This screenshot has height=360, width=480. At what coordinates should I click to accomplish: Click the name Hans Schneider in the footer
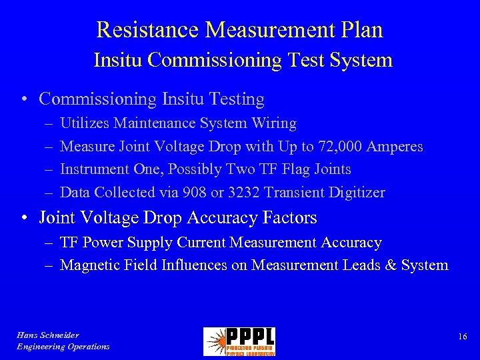[x=48, y=335]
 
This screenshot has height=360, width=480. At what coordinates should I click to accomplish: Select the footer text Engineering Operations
[x=63, y=347]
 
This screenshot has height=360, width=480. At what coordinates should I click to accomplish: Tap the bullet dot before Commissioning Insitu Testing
[x=23, y=100]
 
